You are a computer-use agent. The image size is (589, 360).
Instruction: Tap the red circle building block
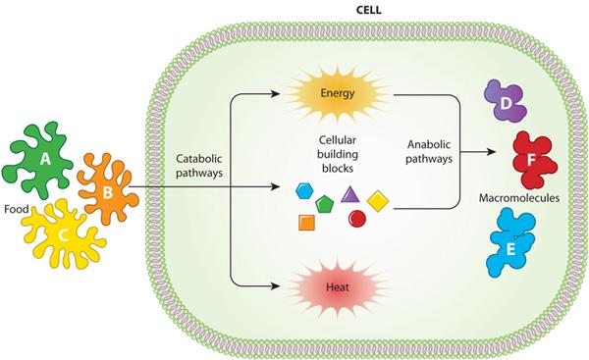(x=358, y=217)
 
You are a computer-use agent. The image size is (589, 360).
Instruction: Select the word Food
(x=17, y=209)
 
